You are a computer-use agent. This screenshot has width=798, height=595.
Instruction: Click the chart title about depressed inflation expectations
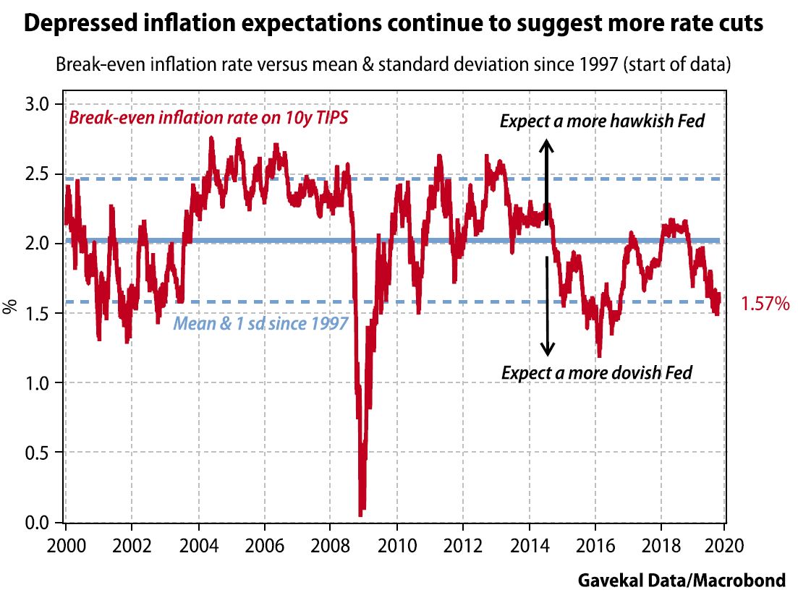pos(394,24)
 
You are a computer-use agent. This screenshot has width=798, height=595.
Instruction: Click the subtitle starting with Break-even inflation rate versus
pos(394,64)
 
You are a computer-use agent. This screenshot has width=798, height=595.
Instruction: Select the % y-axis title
pos(10,307)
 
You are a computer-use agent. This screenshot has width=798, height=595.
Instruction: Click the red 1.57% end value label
pos(765,305)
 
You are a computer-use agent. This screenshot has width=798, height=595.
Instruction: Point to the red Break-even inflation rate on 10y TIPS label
pos(208,119)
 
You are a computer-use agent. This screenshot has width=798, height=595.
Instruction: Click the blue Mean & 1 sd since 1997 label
pos(260,323)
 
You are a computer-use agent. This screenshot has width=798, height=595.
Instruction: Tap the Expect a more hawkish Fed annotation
pos(602,121)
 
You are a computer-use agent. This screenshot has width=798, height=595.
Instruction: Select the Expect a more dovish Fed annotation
pos(597,373)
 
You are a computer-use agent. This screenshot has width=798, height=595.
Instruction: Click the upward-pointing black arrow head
pos(548,144)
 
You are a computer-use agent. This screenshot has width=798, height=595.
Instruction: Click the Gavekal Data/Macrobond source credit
pos(681,580)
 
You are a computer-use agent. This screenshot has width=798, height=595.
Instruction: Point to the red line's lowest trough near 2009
pos(360,513)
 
